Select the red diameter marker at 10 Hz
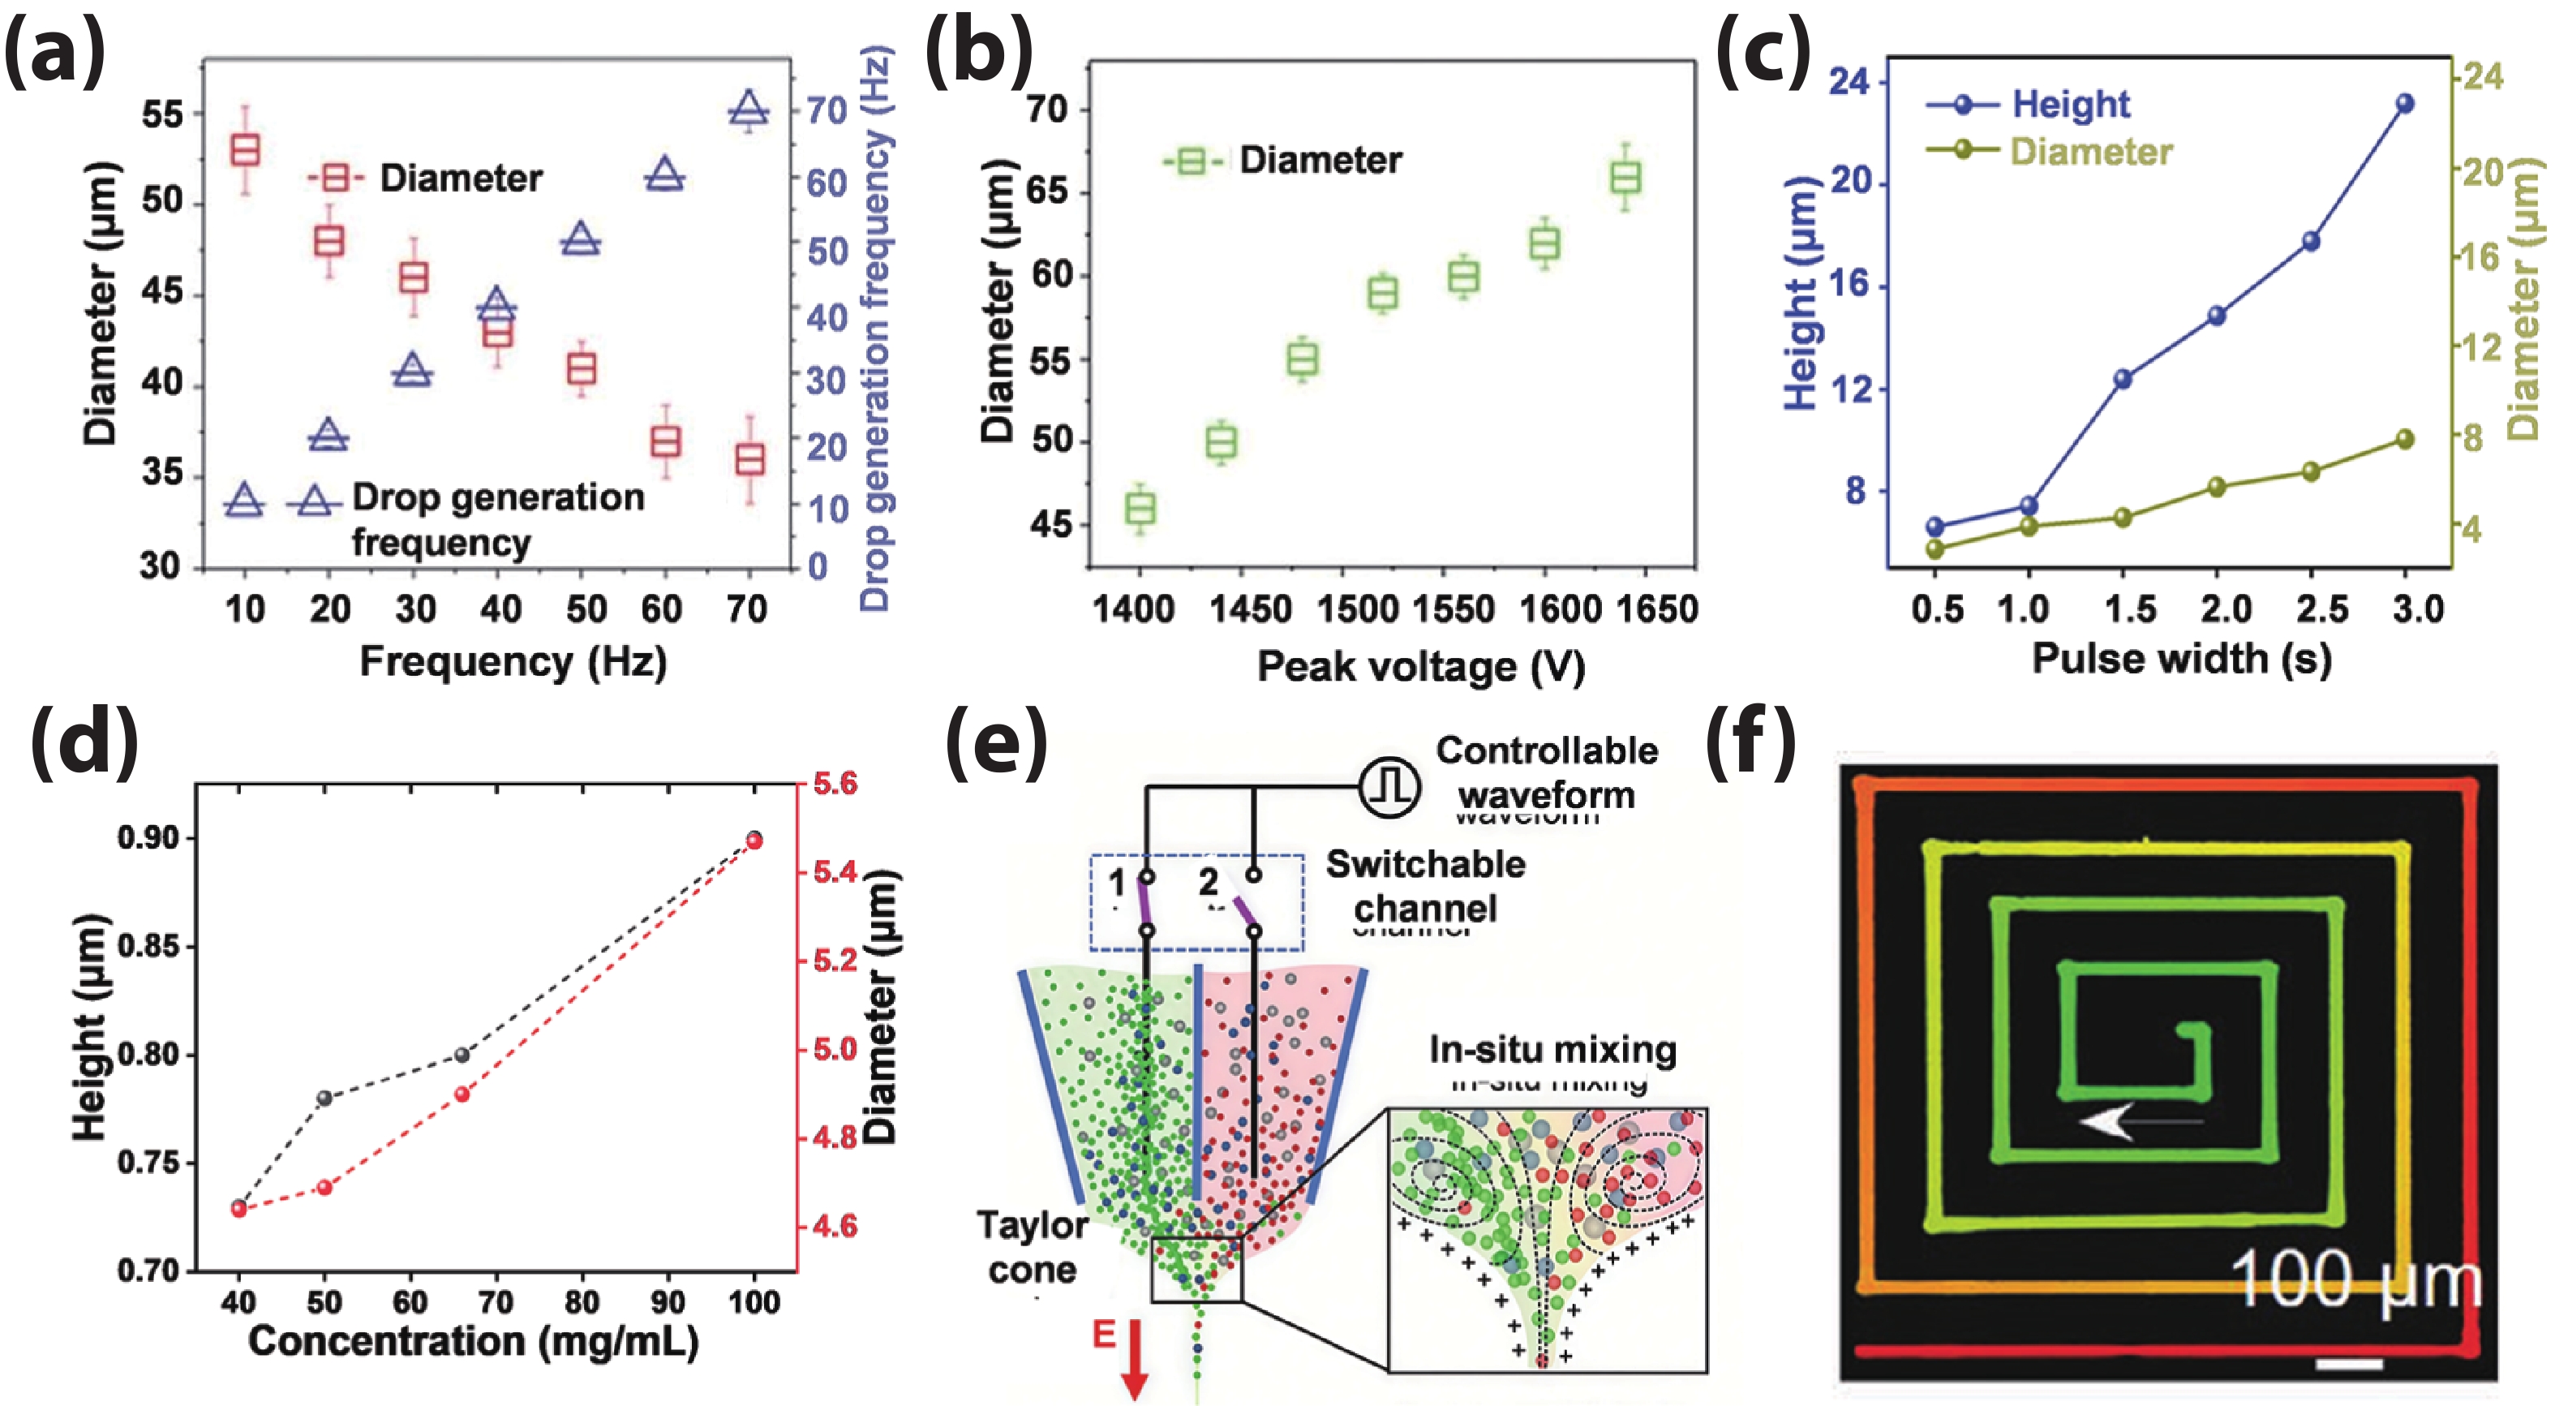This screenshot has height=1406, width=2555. pos(245,150)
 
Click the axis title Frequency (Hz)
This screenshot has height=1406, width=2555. pos(513,661)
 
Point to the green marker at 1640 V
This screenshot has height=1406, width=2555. pos(1625,178)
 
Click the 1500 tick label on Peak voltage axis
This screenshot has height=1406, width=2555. pos(1357,608)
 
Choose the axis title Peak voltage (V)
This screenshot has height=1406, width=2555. pos(1420,667)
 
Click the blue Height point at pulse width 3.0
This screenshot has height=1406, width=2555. pos(2404,103)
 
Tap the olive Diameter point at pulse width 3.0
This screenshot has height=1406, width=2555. pos(2404,439)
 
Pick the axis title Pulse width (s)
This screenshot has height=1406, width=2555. pos(2181,659)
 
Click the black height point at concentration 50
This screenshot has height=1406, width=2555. pos(324,1098)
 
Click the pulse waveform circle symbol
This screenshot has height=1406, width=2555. pos(1389,787)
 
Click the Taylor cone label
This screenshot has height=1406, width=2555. pos(1032,1247)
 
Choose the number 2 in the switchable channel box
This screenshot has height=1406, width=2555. pos(1207,881)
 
